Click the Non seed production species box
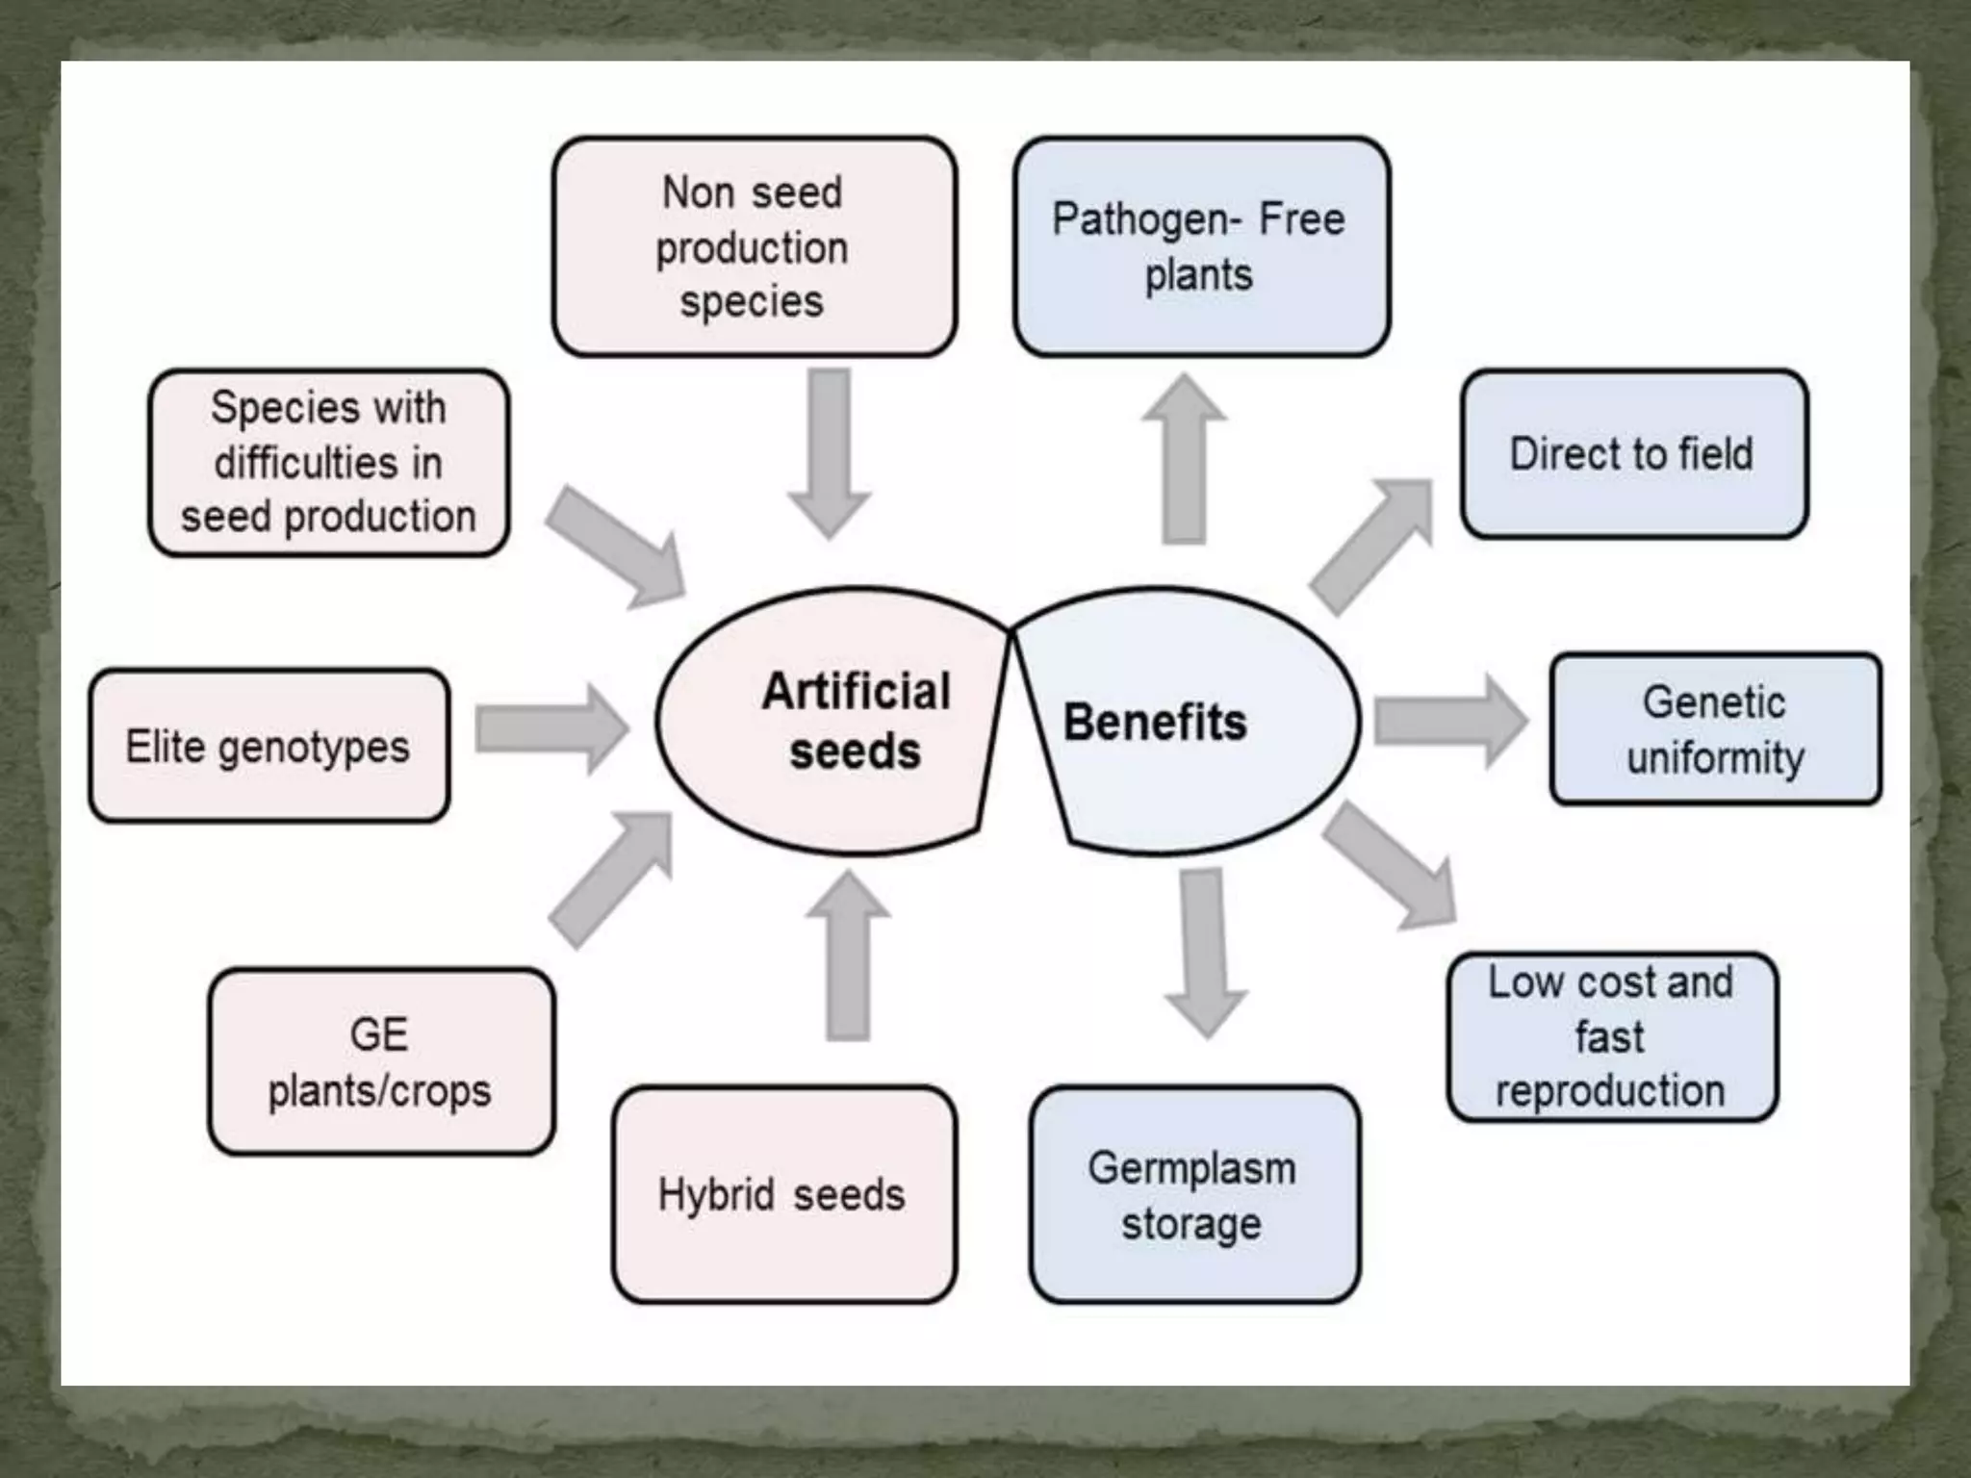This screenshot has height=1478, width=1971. pos(754,246)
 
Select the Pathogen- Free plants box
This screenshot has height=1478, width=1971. pos(1200,246)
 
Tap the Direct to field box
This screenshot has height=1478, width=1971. pos(1633,453)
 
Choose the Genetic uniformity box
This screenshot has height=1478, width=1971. pos(1715,728)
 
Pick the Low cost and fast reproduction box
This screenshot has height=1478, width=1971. pos(1612,1036)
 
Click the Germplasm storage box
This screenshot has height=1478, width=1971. pos(1193,1194)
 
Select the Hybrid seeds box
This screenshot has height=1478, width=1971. pos(783,1194)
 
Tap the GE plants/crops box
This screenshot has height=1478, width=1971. pos(381,1061)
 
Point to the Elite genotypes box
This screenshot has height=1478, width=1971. pos(269,746)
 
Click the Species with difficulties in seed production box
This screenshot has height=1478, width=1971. pos(328,462)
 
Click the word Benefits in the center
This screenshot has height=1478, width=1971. pos(1155,723)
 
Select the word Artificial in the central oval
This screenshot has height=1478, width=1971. pos(856,691)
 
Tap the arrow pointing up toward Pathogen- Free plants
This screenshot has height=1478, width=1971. pos(1184,462)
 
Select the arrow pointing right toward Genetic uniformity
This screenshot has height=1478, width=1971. pos(1448,721)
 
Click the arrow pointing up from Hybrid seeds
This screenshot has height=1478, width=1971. pos(848,957)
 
